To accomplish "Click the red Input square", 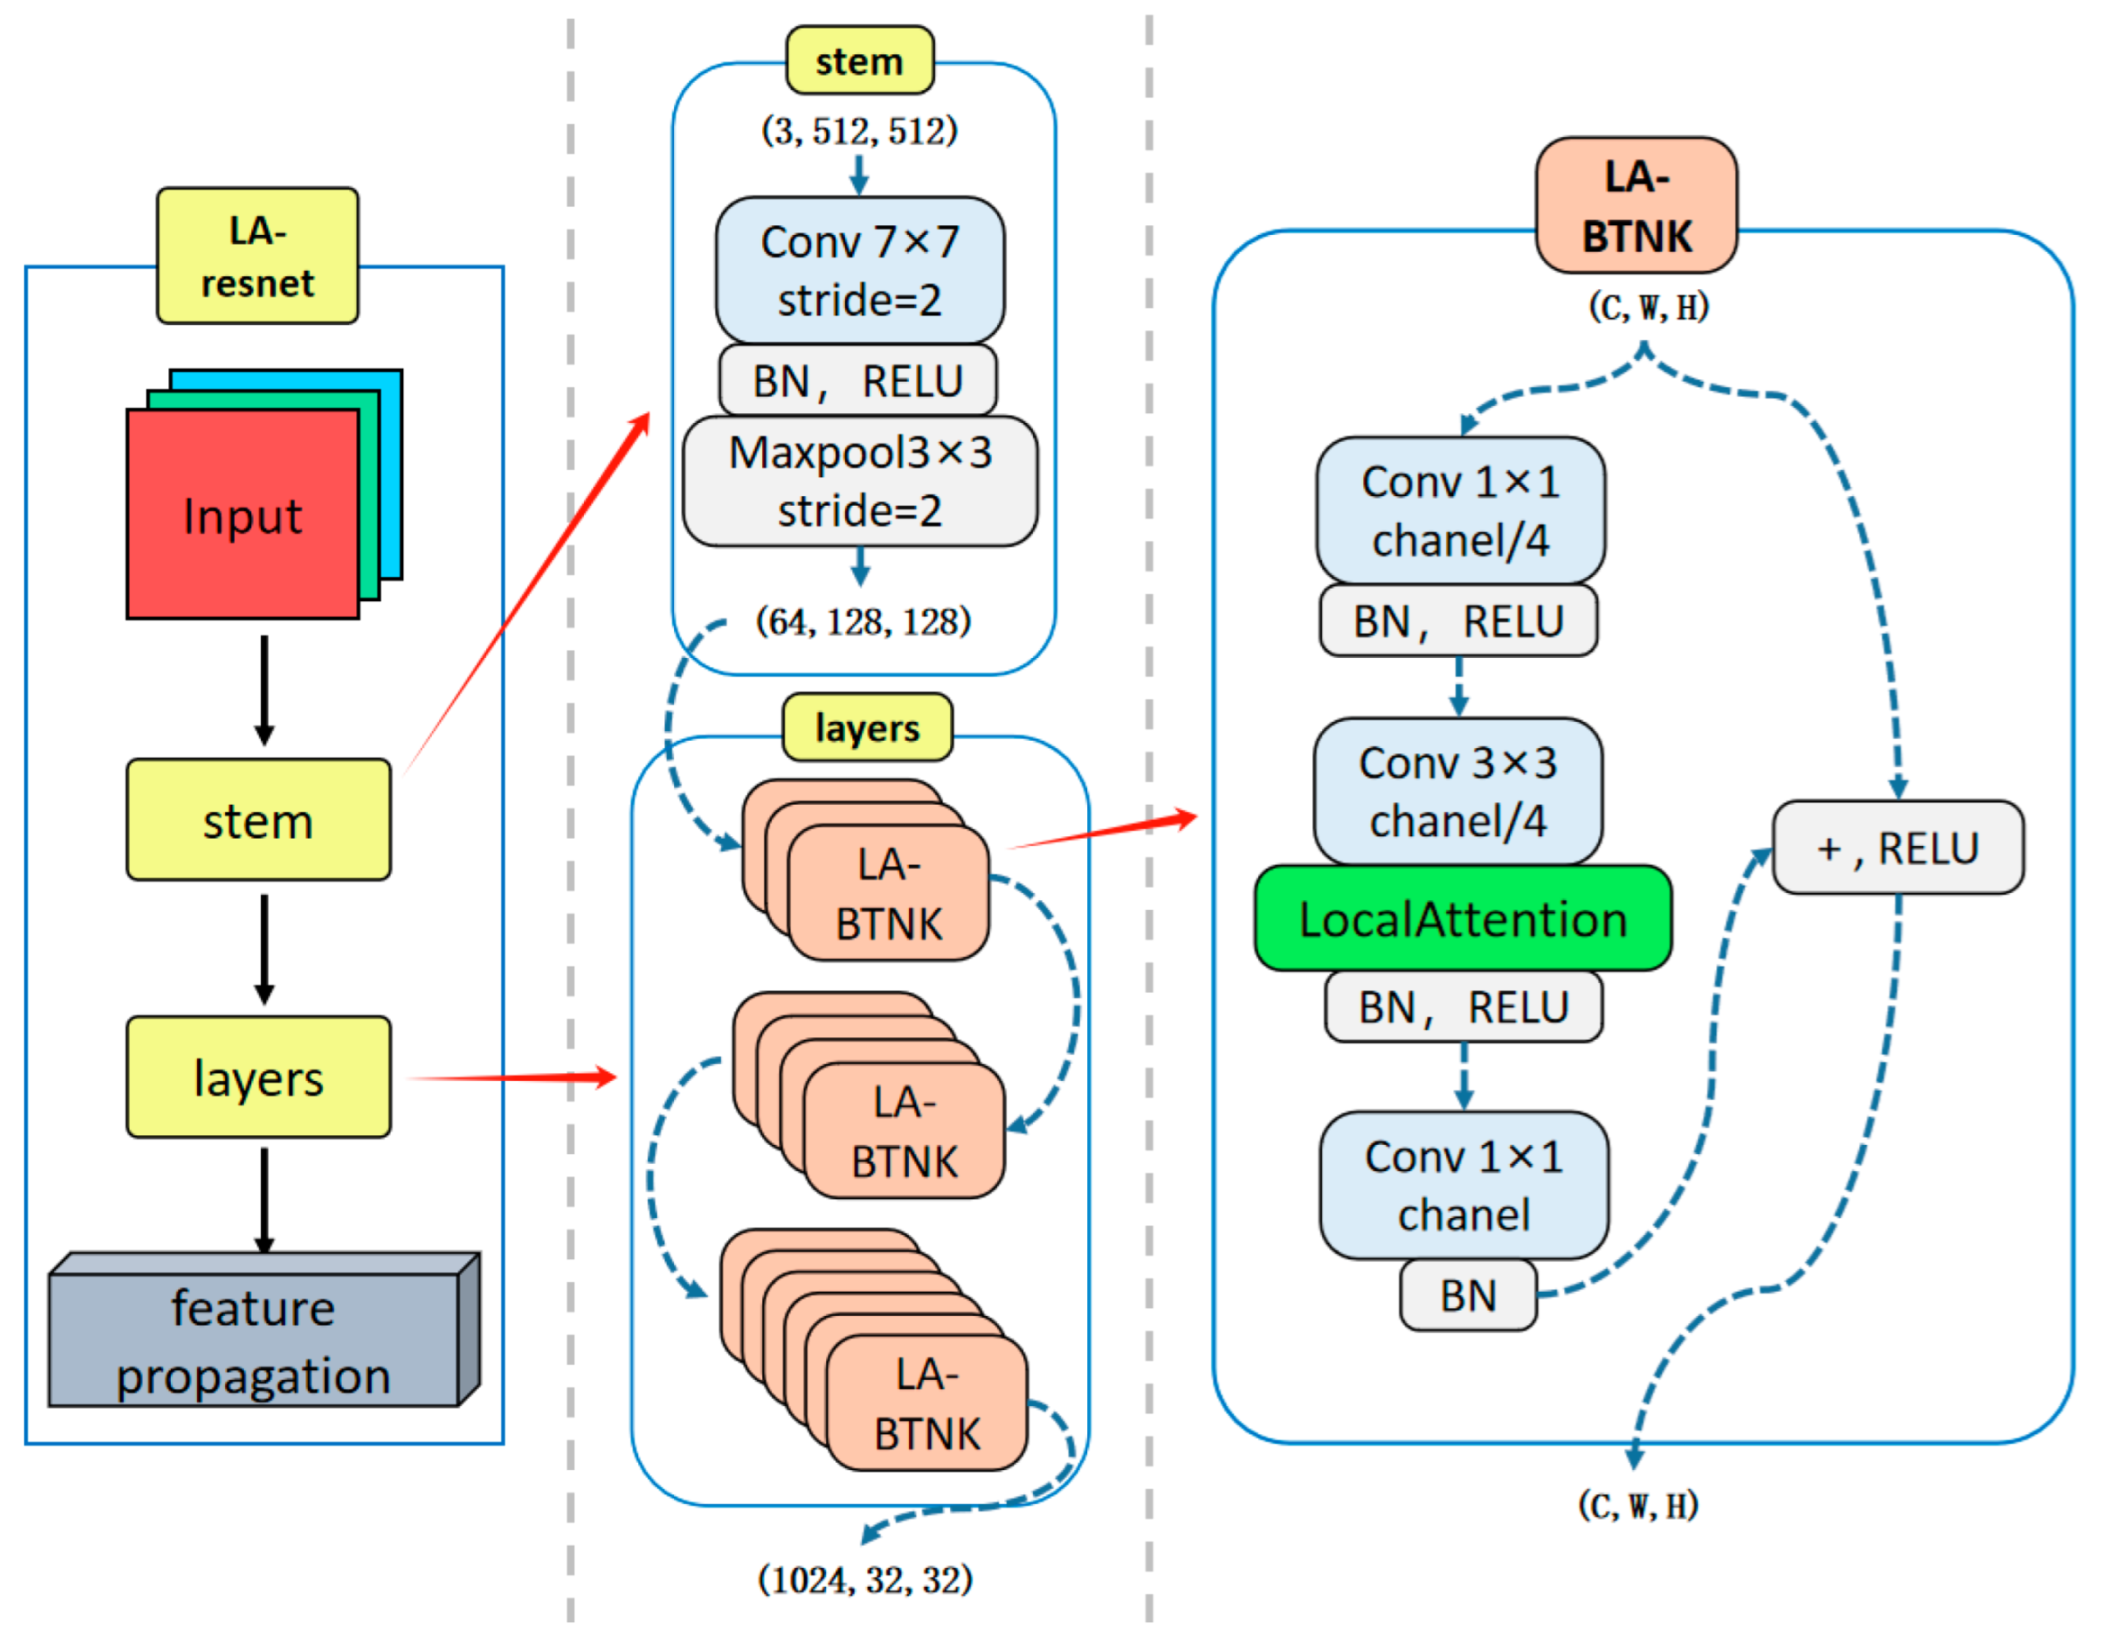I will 242,514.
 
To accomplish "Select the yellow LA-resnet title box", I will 257,256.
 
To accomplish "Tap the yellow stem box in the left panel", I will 258,820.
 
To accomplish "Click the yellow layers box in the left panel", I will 258,1077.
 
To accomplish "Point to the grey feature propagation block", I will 253,1340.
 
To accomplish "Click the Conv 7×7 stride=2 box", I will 859,270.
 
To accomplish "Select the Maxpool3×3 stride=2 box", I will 859,481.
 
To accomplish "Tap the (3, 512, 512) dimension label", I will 859,130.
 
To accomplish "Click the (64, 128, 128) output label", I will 863,621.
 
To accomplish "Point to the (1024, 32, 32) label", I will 865,1580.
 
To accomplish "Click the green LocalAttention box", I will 1462,918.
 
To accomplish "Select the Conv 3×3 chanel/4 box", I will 1458,791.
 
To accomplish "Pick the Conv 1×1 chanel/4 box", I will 1460,510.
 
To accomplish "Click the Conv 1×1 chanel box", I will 1463,1185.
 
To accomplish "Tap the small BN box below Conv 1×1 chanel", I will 1467,1295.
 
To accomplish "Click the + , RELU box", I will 1897,847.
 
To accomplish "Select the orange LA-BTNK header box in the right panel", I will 1636,206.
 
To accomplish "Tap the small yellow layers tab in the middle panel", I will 866,727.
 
